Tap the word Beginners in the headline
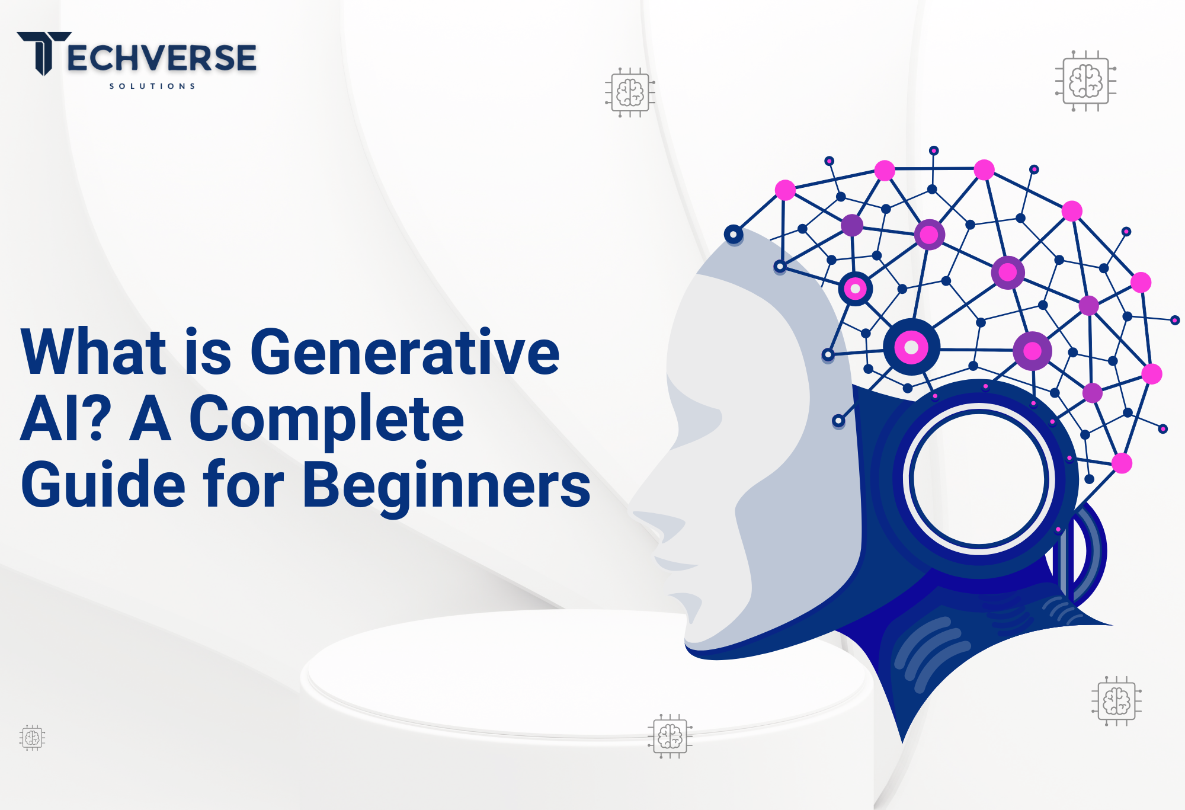(447, 486)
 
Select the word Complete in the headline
(326, 419)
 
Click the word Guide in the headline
(103, 485)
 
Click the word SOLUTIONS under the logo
(152, 86)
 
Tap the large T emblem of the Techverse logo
(44, 53)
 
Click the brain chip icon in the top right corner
(1085, 81)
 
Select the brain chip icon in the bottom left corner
(32, 738)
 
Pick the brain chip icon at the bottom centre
(670, 737)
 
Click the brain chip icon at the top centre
(630, 92)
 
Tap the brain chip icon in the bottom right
(1116, 701)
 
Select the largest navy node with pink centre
(911, 347)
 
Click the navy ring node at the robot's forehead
(734, 235)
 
